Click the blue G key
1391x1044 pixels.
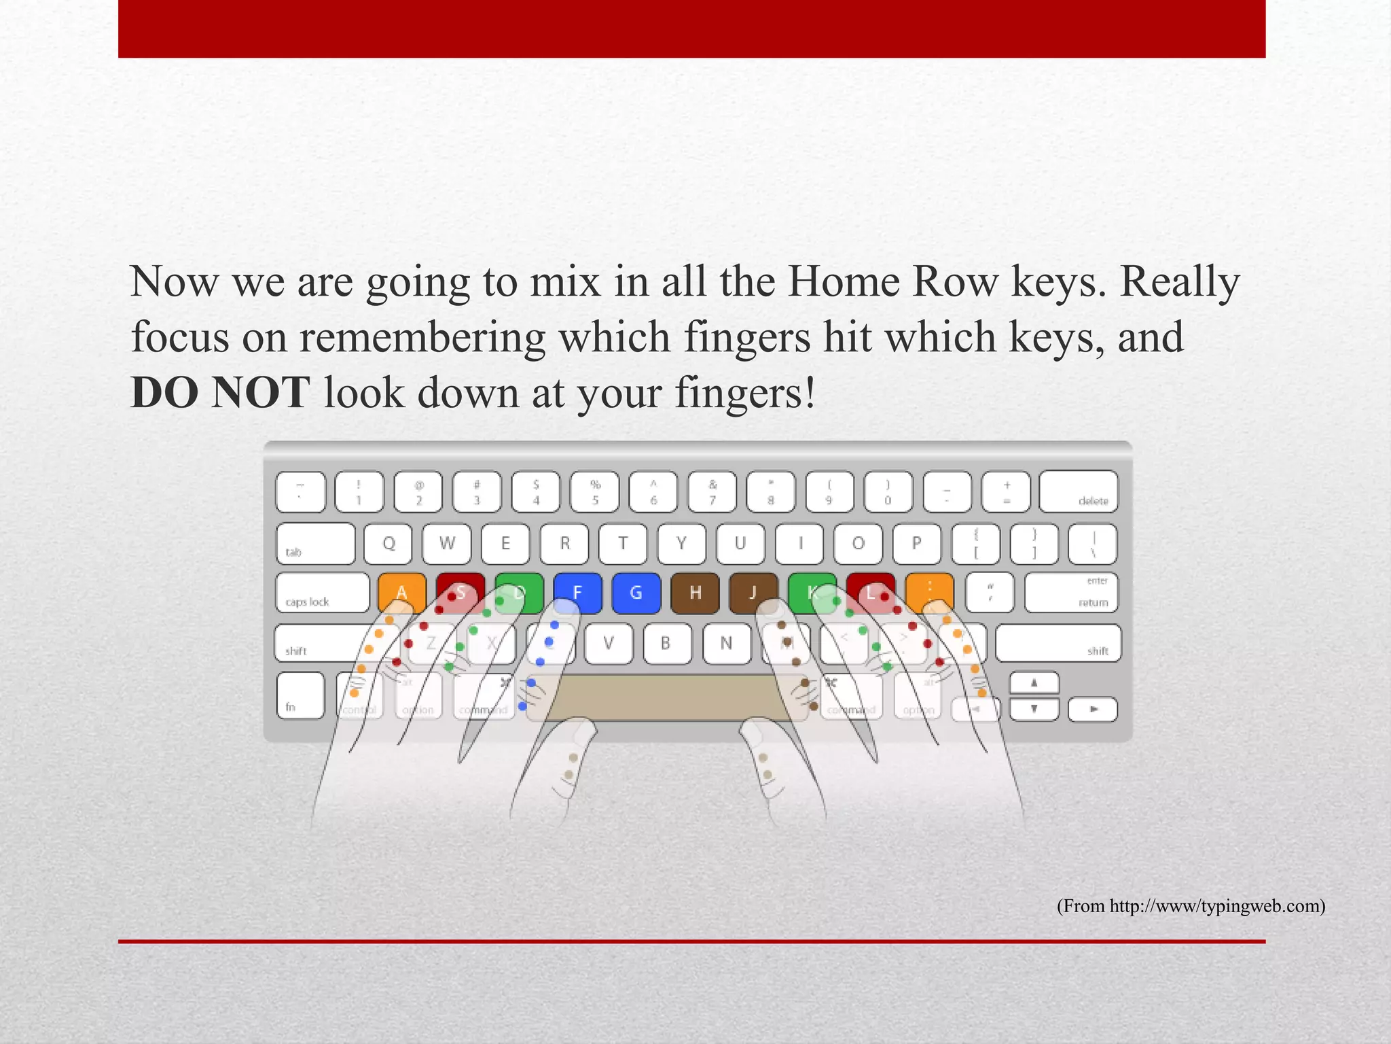click(636, 593)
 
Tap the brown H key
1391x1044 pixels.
click(695, 593)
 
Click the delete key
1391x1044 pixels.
click(1079, 491)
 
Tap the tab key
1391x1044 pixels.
click(315, 543)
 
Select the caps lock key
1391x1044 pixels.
click(323, 593)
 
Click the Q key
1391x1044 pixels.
click(388, 543)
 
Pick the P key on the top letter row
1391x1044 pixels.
click(916, 543)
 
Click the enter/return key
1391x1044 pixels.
click(1071, 593)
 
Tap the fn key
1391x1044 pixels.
click(300, 695)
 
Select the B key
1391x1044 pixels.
click(666, 643)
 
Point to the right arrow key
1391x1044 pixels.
click(1092, 709)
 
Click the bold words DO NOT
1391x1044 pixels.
click(220, 393)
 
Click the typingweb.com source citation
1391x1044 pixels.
click(1191, 906)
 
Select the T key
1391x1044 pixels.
click(622, 543)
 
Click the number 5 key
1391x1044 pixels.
click(595, 491)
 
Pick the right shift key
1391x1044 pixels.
click(1058, 643)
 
